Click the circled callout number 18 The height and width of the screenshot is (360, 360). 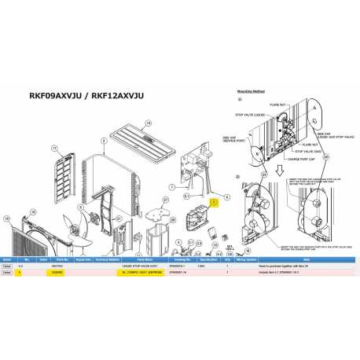145,122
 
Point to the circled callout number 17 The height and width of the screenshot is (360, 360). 54,148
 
